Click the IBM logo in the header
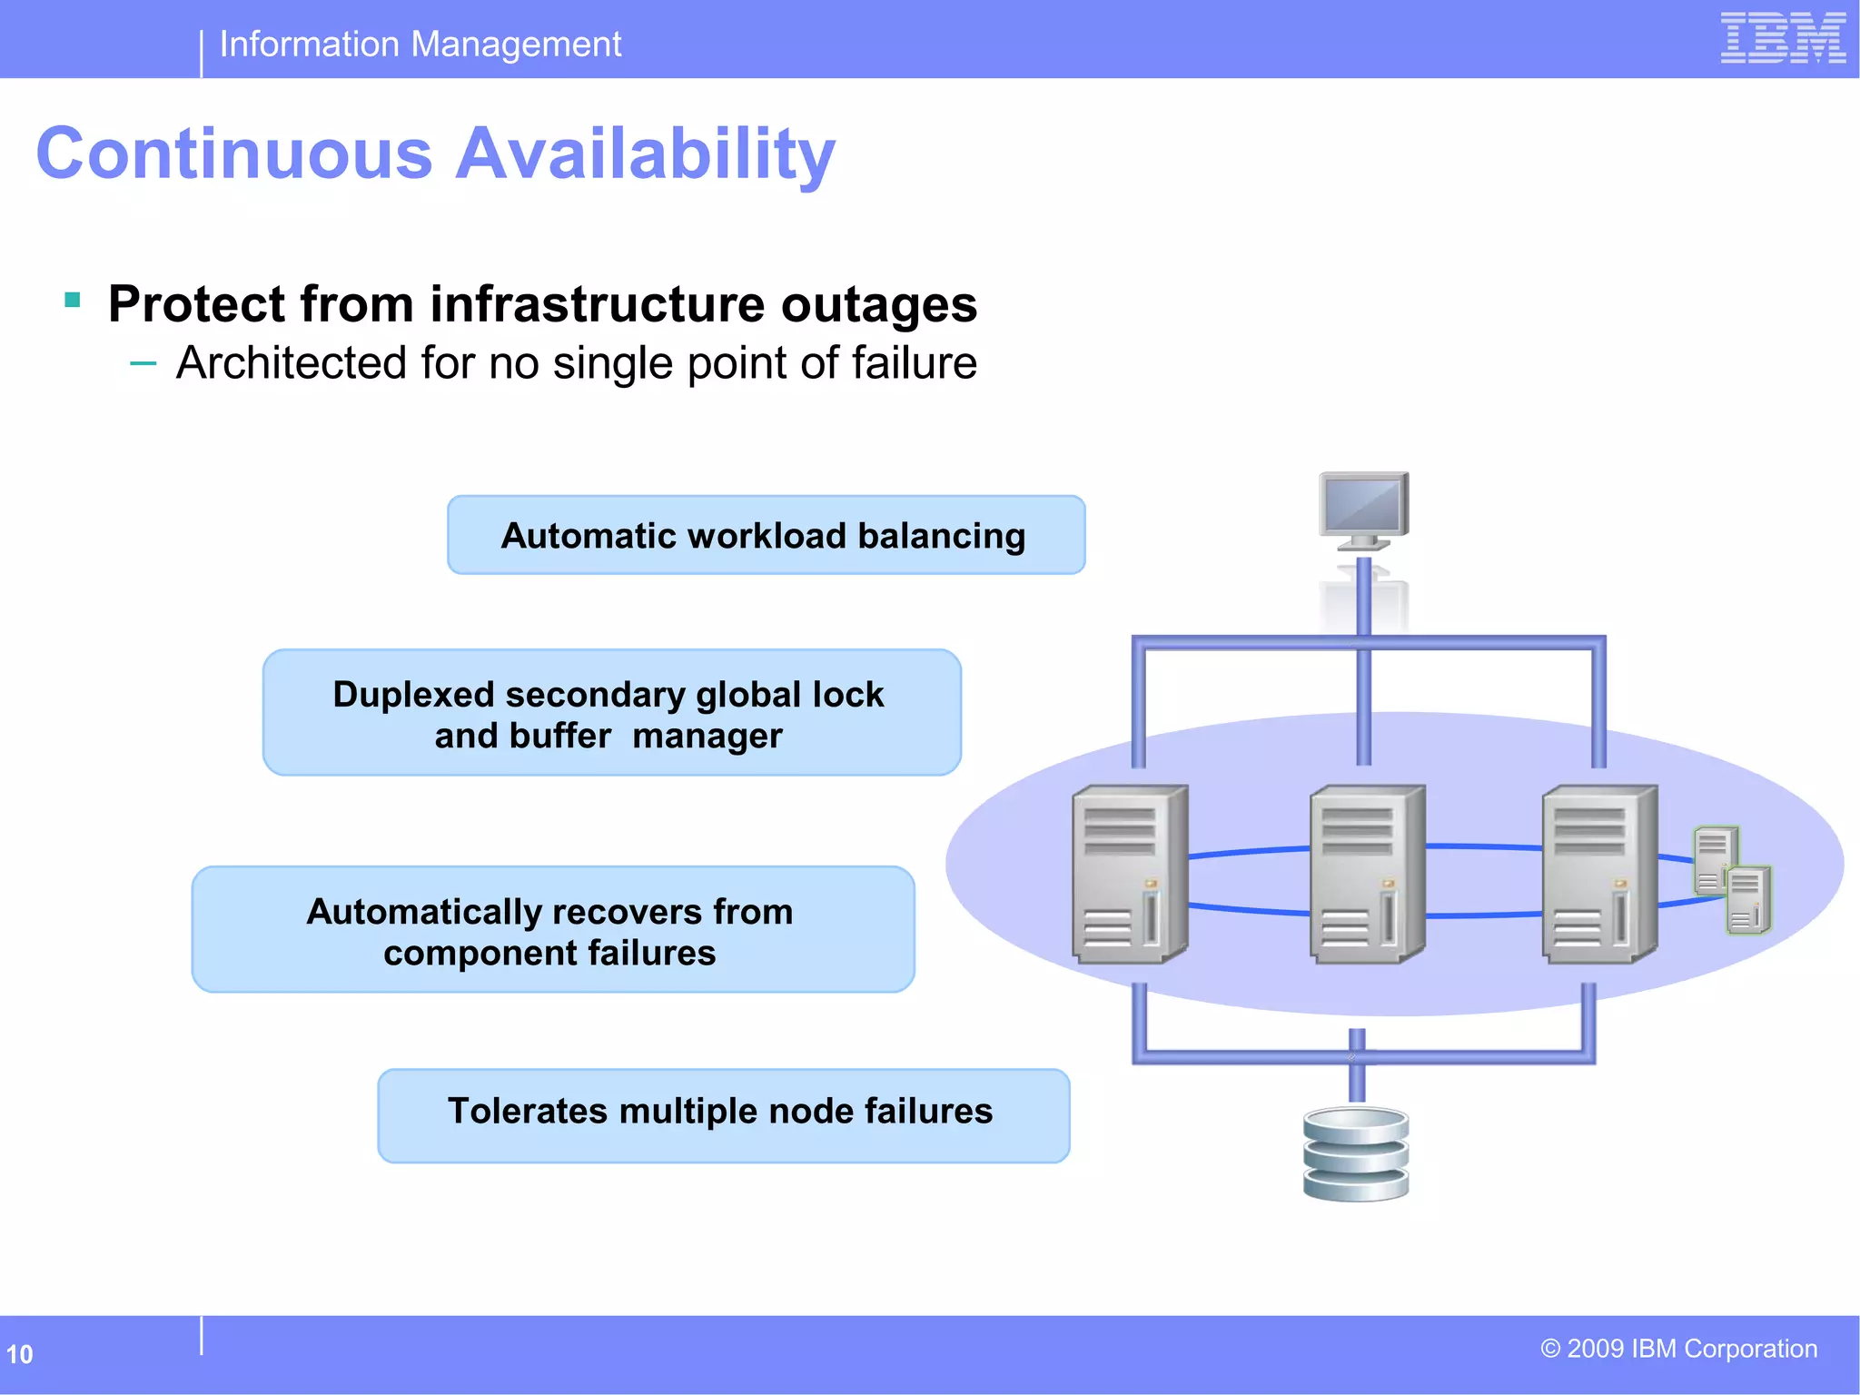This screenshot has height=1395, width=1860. point(1782,38)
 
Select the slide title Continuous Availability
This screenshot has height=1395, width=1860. point(435,153)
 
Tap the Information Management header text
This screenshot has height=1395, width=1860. point(420,45)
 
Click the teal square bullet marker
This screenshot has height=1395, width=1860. point(74,300)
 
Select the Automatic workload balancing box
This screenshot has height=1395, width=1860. point(766,535)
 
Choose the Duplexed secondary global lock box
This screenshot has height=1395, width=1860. point(611,713)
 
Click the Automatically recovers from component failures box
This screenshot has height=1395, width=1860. point(552,930)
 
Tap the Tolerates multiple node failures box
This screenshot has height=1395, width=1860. point(723,1114)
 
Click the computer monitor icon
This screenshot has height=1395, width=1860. point(1363,510)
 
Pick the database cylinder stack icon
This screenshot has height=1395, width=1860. point(1356,1154)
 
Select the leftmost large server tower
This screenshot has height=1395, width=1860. point(1129,874)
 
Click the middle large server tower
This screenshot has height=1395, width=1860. point(1366,874)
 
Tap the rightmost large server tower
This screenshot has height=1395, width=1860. point(1598,874)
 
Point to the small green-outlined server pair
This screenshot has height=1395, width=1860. point(1732,879)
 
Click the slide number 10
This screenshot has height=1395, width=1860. point(19,1354)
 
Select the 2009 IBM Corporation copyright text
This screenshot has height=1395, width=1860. point(1678,1349)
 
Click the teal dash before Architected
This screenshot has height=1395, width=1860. point(143,365)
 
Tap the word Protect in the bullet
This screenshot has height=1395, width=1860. point(196,303)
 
